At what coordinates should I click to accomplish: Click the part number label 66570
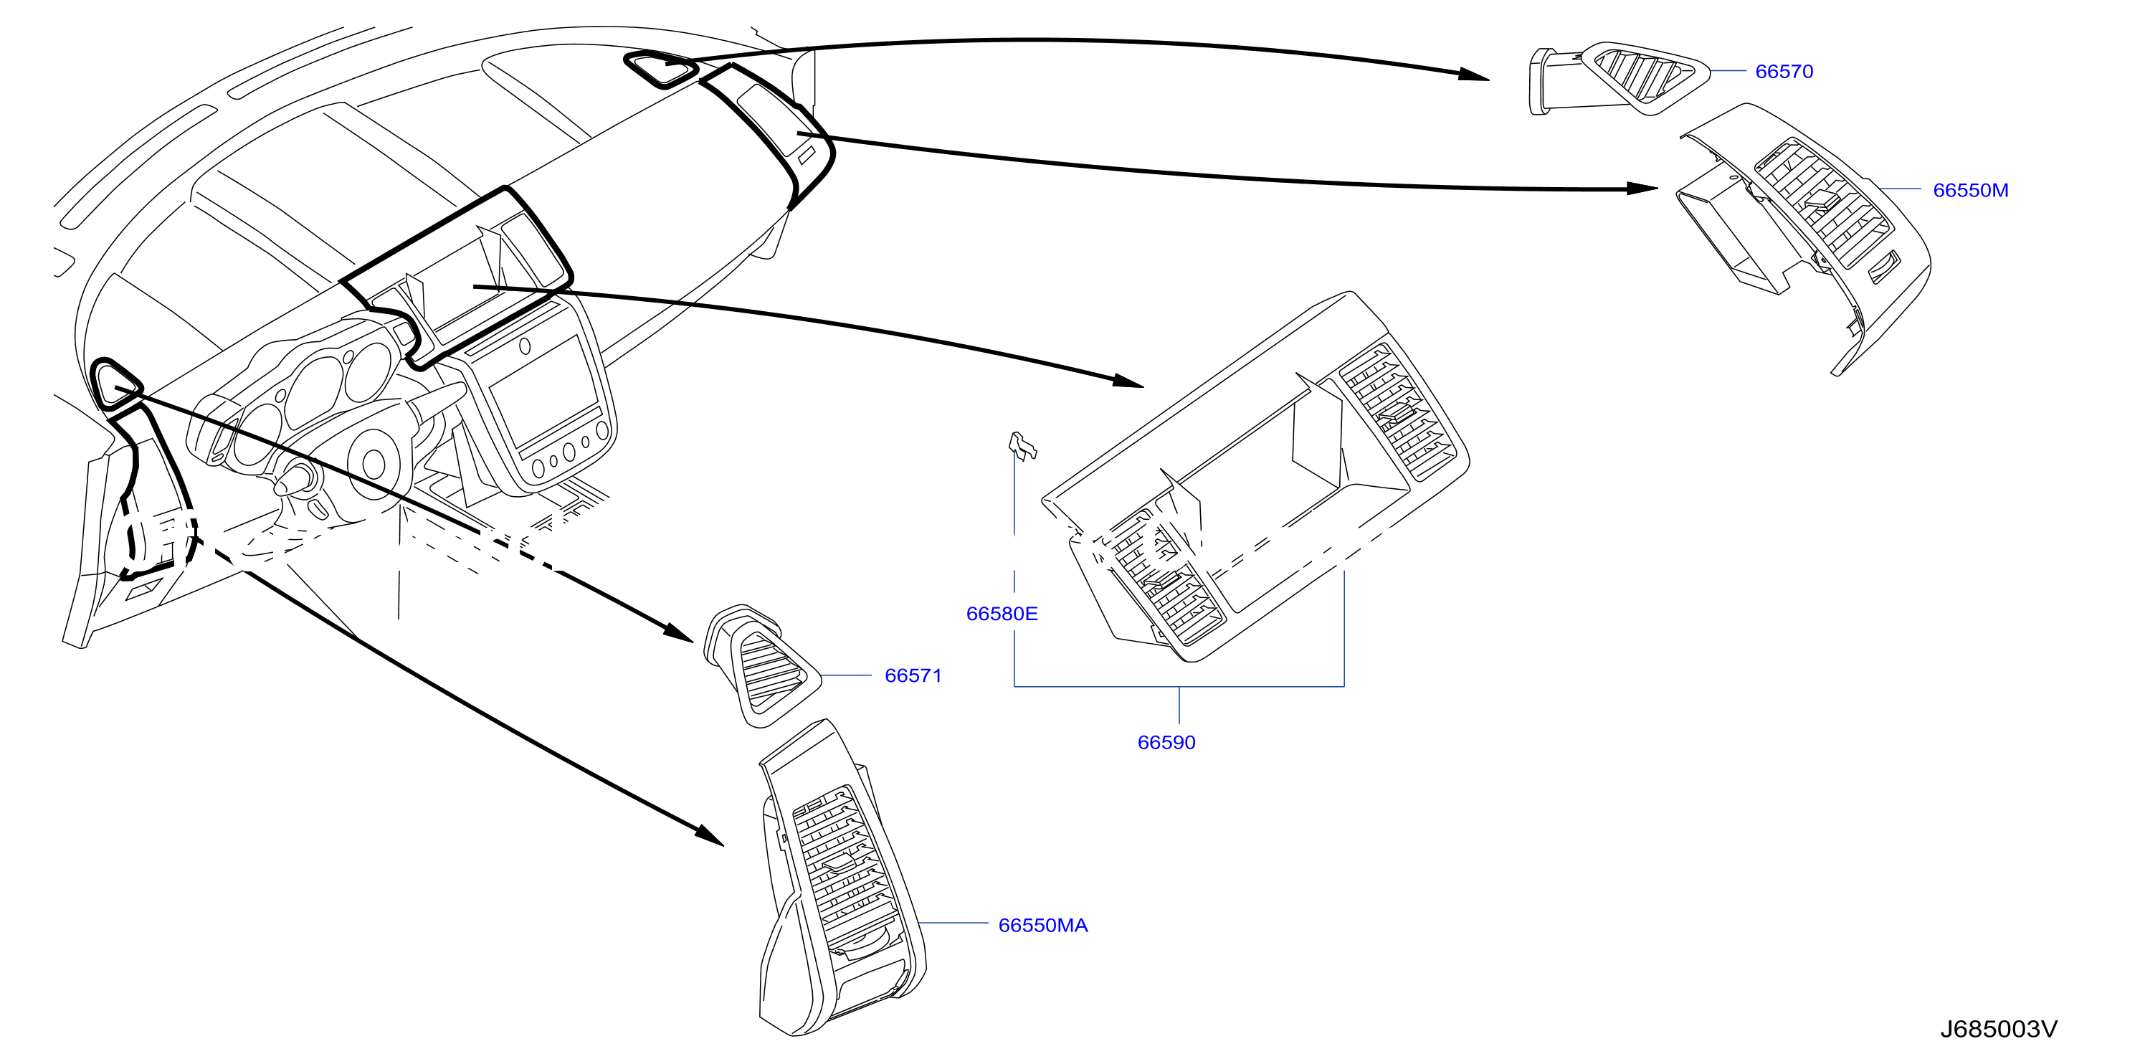point(1784,72)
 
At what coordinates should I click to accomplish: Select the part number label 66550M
point(1971,190)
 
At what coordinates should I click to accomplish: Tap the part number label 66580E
point(1002,614)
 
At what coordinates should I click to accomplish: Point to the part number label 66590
point(1166,743)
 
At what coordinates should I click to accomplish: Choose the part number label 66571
point(913,675)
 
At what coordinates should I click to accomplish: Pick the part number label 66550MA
point(1042,926)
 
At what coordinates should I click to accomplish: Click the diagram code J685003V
point(1999,1029)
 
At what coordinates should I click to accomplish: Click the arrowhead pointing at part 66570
point(1474,74)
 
